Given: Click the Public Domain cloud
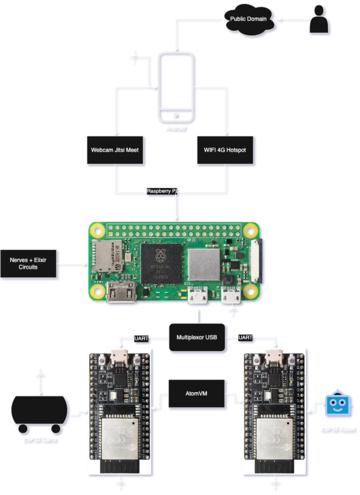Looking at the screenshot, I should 248,19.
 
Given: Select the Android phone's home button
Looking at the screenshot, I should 176,115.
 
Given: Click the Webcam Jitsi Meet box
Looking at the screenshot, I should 115,150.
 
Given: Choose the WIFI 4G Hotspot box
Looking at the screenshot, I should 225,150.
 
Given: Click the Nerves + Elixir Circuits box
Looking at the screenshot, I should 29,264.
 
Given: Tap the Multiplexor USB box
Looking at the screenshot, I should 197,337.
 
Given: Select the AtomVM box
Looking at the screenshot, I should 196,394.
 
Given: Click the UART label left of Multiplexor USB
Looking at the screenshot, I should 141,338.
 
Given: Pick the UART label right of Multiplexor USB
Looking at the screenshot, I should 245,338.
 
